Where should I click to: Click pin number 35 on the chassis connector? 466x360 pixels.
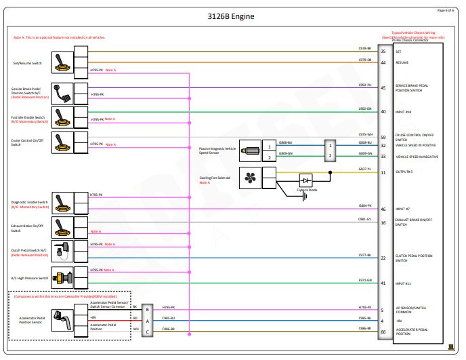tap(383, 52)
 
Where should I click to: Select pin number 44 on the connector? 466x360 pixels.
tap(383, 62)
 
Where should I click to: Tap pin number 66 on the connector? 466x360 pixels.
tap(383, 332)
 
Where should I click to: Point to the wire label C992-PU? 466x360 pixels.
tap(364, 85)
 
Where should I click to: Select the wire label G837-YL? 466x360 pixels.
tap(364, 169)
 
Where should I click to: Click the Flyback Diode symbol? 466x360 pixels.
tap(307, 181)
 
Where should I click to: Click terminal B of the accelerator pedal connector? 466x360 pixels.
tap(147, 309)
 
